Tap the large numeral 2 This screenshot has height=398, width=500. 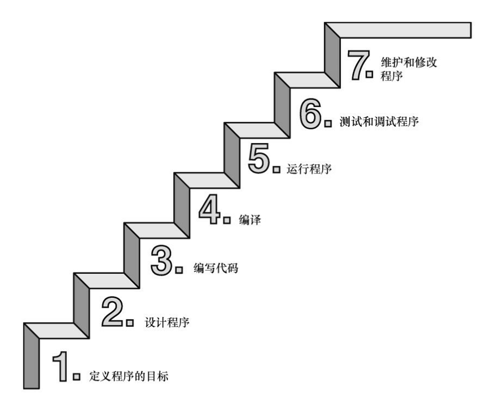112,313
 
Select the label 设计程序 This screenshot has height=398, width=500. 167,322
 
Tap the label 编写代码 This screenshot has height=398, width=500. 216,269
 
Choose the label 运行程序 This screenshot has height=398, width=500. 309,170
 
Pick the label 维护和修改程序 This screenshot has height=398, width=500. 408,69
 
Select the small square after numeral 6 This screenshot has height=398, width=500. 328,123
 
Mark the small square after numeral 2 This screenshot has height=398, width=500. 129,323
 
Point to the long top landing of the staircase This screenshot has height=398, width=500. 402,30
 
